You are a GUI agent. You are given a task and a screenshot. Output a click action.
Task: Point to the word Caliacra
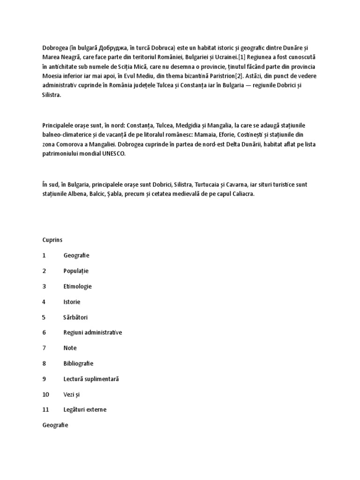point(242,194)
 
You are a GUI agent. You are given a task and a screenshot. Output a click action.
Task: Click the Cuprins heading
point(52,240)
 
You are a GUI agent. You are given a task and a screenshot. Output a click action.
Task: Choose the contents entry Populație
point(76,270)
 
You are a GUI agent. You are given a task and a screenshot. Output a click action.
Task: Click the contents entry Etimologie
point(77,286)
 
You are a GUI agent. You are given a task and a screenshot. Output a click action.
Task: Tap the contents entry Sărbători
point(75,317)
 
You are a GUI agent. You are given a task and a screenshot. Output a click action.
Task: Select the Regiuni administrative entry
point(92,332)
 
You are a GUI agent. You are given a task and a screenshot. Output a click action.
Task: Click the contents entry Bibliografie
point(78,363)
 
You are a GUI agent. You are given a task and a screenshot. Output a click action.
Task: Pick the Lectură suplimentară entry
point(91,379)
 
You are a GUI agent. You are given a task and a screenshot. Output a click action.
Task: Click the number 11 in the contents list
point(45,409)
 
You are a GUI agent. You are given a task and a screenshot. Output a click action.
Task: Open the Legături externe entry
point(85,409)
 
